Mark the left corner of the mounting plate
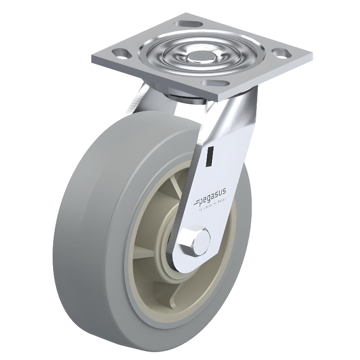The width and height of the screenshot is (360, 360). pos(92,59)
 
